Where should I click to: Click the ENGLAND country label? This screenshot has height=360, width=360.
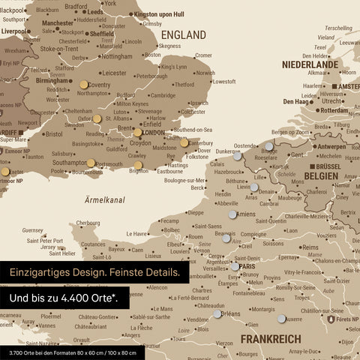coord(184,35)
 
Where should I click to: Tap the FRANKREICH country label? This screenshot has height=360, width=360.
coord(270,339)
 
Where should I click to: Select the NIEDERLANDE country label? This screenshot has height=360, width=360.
coord(310,65)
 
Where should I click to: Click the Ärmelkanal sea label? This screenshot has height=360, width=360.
coord(104,199)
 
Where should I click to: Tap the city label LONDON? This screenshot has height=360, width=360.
coord(154,133)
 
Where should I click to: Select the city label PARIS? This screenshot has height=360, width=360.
coord(248,266)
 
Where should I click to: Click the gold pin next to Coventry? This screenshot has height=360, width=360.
coord(83,85)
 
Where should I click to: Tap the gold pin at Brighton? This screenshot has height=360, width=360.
coord(138,165)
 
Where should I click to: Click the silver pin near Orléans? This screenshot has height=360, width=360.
coord(217,313)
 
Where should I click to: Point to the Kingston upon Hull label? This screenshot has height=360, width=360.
coord(169,13)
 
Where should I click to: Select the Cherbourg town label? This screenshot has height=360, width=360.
coord(88,223)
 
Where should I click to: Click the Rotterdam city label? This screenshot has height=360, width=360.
coord(332,110)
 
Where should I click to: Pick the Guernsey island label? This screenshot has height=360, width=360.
coord(33,230)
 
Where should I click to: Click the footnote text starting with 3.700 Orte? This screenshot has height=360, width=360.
coord(72,352)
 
